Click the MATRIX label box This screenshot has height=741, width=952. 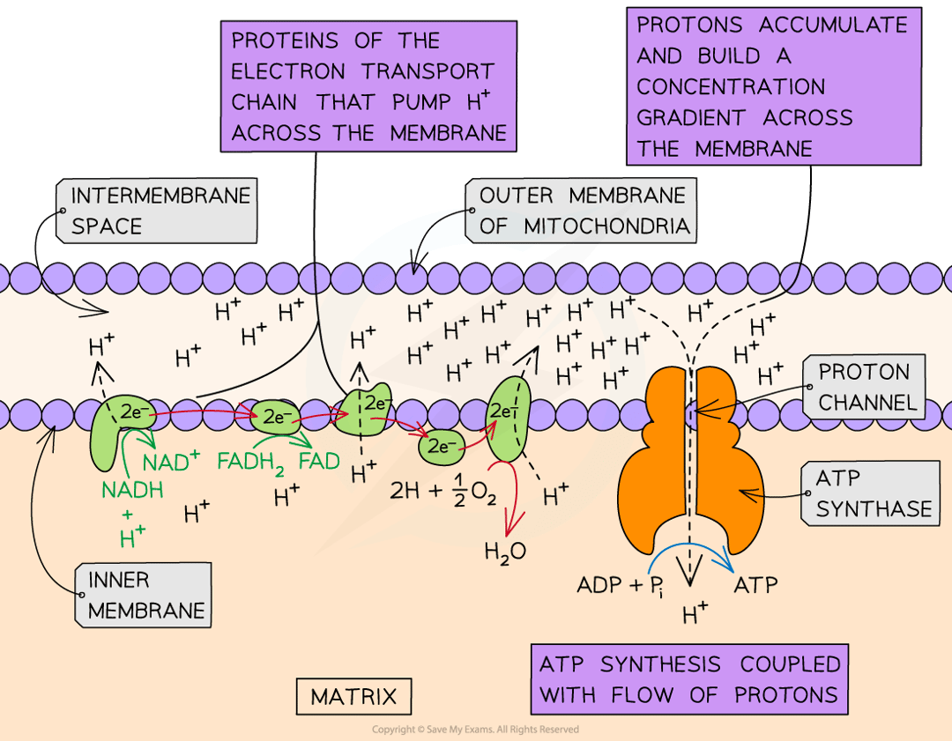353,697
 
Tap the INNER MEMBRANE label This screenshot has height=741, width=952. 146,596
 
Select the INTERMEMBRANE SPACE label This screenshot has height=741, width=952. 159,211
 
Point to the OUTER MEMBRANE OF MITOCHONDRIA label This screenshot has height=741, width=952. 582,211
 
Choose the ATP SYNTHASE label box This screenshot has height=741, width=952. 873,493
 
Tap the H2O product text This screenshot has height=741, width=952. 505,552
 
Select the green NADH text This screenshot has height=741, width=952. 132,491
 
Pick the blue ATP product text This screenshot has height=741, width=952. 755,584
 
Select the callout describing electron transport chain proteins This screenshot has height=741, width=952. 369,86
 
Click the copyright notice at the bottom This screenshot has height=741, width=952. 475,730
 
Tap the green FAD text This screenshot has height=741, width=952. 319,461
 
